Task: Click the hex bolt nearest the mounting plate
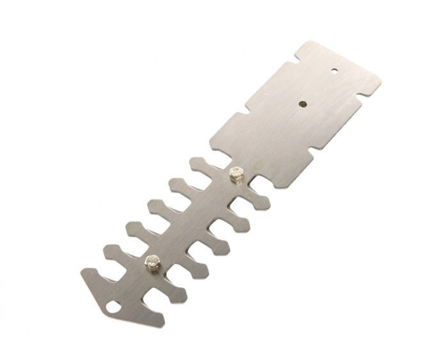coord(236,173)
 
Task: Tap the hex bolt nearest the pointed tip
coord(151,261)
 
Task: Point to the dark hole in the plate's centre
coord(302,101)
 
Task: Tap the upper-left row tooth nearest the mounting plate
coord(196,165)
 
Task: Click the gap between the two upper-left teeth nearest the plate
coord(189,179)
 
